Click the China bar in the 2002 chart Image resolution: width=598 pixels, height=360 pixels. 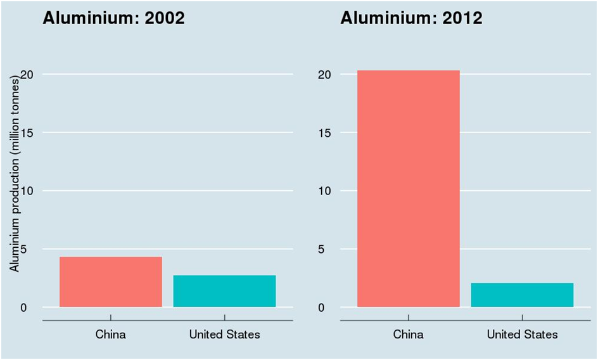pos(111,282)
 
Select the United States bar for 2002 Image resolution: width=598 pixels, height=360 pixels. pos(224,292)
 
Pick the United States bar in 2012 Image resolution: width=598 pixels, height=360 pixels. pos(522,295)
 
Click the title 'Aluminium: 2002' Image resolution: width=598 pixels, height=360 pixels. pos(113,18)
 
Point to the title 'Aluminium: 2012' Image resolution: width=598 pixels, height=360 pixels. pos(411,18)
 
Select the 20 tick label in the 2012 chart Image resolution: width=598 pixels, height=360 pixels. pos(324,74)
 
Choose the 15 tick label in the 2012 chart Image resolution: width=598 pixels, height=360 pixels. pos(324,132)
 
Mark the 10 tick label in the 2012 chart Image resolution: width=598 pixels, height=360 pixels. pos(324,191)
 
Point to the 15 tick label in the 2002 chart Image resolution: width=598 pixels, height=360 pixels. pos(27,132)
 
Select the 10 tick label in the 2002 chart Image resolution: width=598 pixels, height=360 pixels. pos(27,191)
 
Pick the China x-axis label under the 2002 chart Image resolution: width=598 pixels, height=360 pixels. pos(111,334)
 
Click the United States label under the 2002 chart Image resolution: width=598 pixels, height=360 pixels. pos(224,334)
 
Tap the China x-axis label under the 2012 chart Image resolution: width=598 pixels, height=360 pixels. pos(409,334)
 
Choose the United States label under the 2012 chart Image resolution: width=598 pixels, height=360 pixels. pos(522,334)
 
